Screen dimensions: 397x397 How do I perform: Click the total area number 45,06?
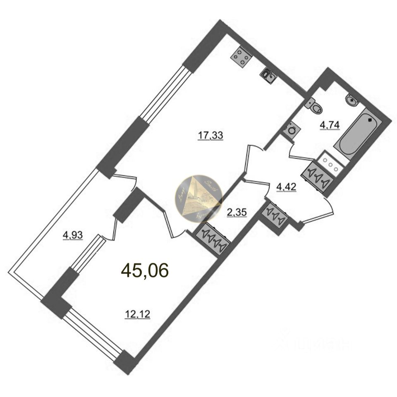145,271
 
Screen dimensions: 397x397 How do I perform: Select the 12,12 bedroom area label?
137,315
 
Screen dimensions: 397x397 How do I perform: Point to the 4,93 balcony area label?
73,236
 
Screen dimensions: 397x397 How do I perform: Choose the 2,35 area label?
237,213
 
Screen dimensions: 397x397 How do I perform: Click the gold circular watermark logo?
199,198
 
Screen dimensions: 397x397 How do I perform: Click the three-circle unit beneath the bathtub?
331,162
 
